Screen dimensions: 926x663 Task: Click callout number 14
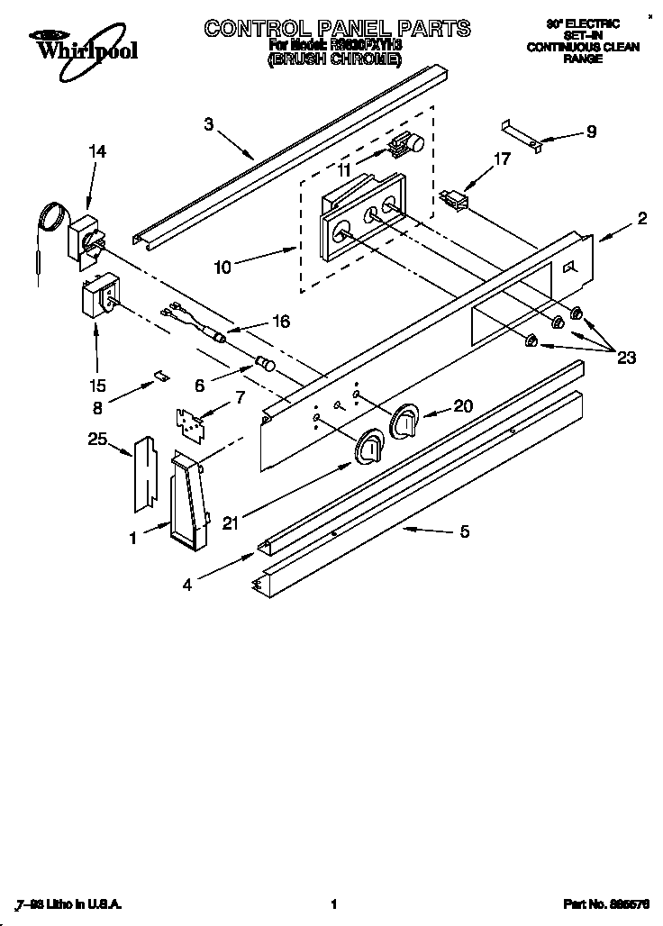click(96, 151)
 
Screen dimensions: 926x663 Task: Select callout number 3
click(209, 124)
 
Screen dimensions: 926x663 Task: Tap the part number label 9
click(591, 132)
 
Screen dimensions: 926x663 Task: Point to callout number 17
click(502, 159)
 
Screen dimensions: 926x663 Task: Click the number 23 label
click(626, 358)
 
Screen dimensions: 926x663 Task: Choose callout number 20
click(463, 406)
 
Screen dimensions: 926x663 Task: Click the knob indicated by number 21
click(370, 446)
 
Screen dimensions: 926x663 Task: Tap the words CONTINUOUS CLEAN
click(583, 47)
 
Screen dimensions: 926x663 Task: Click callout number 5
click(464, 531)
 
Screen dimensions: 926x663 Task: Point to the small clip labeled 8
click(160, 374)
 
